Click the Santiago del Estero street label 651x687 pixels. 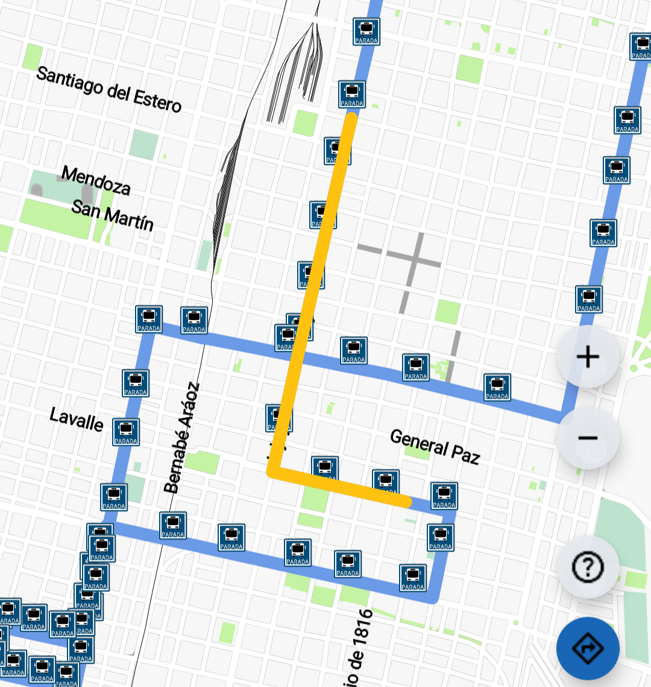[108, 90]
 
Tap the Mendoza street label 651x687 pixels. [96, 182]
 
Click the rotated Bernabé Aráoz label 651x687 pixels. [181, 437]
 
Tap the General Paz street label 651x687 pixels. [435, 446]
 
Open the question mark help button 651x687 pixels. [588, 567]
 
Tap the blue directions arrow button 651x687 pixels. [588, 649]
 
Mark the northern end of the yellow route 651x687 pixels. [350, 116]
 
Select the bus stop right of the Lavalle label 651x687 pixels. [126, 432]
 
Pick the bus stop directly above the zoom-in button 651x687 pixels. [588, 300]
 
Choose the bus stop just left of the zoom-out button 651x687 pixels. [497, 387]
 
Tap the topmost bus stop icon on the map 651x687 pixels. [366, 31]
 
